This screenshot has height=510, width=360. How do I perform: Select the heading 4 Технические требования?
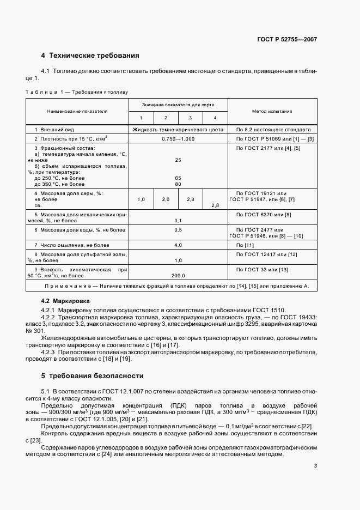coord(90,56)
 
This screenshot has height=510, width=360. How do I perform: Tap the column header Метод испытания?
coord(272,111)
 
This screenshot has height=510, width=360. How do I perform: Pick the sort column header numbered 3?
coord(190,118)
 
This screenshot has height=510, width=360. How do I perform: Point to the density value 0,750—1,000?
coord(178,139)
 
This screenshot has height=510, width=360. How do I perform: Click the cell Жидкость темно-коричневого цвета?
coord(178,130)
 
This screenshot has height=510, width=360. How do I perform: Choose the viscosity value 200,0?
coord(178,275)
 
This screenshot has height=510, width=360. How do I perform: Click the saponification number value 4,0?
coord(178,246)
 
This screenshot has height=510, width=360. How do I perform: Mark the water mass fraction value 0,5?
coord(178,230)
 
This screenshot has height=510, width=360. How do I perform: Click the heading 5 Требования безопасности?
coord(93,375)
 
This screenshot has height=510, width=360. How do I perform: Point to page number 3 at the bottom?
coord(315,465)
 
